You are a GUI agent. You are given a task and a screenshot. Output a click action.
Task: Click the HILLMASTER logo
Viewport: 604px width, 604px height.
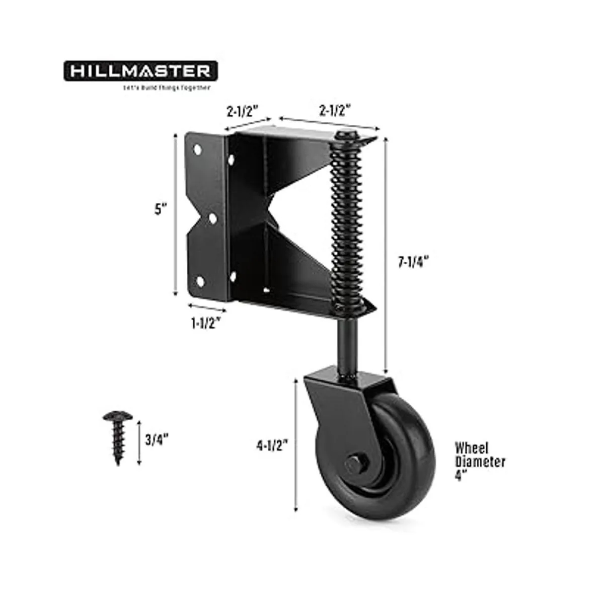140,71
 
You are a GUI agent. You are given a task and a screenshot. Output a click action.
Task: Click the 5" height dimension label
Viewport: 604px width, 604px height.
161,209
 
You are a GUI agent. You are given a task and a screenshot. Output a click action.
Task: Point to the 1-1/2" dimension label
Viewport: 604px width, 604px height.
205,324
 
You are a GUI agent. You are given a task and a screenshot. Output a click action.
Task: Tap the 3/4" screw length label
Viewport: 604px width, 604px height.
156,439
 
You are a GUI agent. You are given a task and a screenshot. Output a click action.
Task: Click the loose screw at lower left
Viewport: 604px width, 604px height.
118,435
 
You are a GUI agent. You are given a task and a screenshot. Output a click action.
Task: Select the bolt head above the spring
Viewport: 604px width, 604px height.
345,136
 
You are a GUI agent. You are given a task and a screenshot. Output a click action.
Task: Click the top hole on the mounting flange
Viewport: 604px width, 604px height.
198,149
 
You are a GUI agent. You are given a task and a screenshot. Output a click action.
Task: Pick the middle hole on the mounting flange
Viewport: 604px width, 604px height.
212,218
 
